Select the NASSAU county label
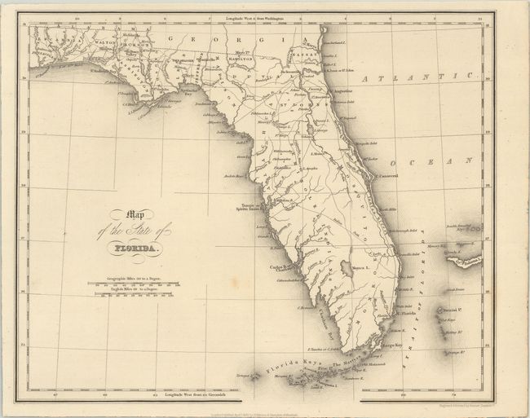pos(305,46)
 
